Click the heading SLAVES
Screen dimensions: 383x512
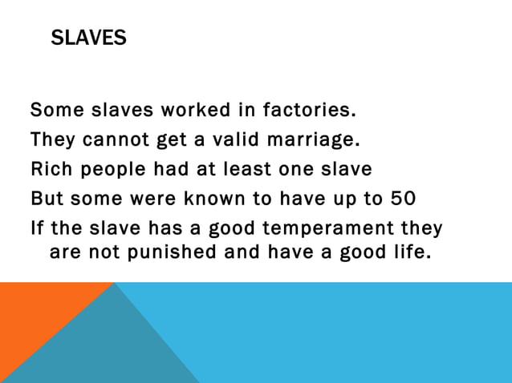88,38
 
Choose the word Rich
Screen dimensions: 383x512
50,170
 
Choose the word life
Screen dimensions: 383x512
409,253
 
